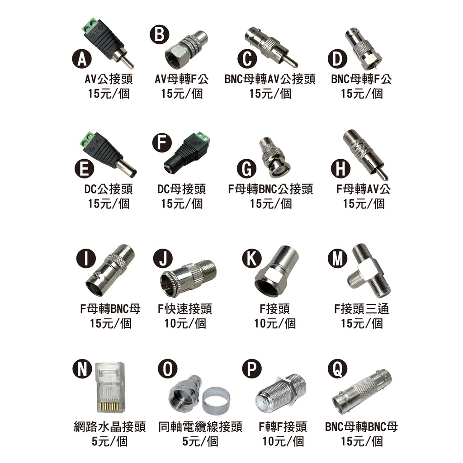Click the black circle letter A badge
pos(82,59)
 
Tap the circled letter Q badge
pos(337,369)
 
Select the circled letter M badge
pos(337,258)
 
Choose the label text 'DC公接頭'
pos(109,189)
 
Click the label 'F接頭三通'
pos(362,309)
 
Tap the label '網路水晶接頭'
pos(109,427)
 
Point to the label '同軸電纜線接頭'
pos(200,427)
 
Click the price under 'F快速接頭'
pos(185,323)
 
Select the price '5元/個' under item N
pos(109,441)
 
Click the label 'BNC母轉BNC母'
pos(361,427)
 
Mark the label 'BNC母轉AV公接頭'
pos(270,79)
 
